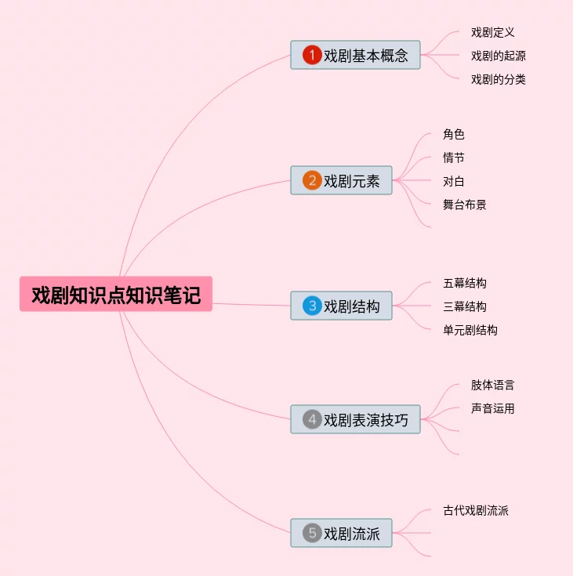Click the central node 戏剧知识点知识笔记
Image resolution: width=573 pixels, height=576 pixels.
pos(116,295)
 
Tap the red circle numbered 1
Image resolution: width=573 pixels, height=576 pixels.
pos(312,55)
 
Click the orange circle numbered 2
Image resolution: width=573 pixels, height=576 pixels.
pos(312,181)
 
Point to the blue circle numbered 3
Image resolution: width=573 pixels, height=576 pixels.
pos(312,306)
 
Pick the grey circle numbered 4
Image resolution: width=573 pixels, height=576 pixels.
pos(312,419)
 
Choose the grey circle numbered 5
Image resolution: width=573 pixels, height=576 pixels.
pos(312,534)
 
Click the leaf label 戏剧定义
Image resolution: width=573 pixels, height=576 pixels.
pos(492,32)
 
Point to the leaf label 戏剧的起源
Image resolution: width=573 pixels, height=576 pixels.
pos(498,56)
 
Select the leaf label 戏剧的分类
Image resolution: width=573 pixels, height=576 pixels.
pos(498,79)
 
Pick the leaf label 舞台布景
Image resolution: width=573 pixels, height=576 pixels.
pos(464,205)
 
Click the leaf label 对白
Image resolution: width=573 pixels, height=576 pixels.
pos(453,181)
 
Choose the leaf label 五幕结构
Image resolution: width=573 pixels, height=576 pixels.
pos(464,283)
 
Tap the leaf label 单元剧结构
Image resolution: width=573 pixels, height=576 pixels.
pos(470,330)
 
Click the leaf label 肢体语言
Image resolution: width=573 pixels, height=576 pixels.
pos(492,385)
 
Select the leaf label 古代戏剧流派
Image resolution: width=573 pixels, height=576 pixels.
pos(475,510)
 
